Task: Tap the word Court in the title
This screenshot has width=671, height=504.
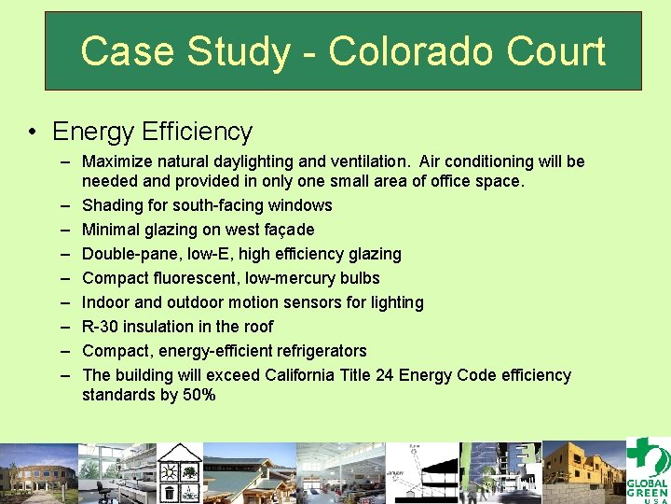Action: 558,52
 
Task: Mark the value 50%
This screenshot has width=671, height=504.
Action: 200,395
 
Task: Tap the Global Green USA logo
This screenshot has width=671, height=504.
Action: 646,470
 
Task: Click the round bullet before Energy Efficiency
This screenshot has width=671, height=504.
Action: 33,132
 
